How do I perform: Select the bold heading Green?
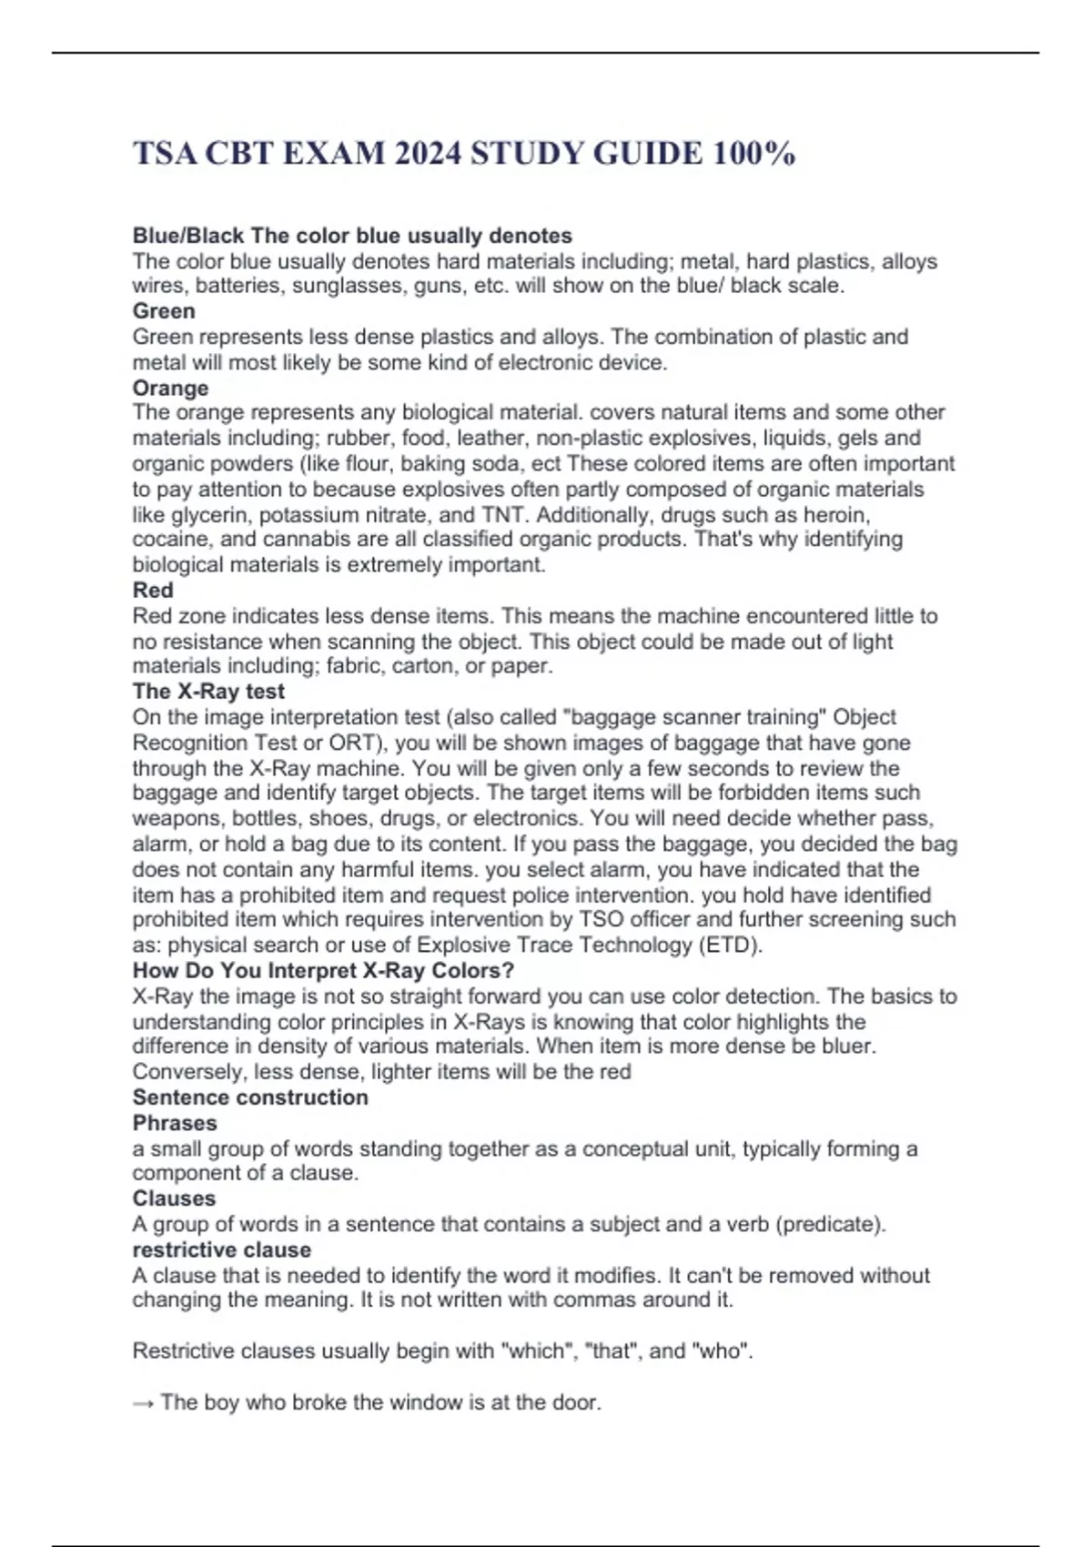click(164, 311)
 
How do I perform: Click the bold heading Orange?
click(170, 388)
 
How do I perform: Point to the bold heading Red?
click(153, 590)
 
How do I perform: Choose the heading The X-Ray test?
click(208, 691)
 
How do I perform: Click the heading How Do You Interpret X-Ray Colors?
click(323, 970)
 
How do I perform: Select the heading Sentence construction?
click(250, 1097)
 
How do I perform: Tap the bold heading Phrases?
click(175, 1122)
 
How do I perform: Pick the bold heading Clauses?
click(174, 1198)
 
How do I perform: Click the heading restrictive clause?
click(222, 1249)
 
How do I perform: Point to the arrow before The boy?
click(143, 1402)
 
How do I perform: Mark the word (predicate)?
click(830, 1224)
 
